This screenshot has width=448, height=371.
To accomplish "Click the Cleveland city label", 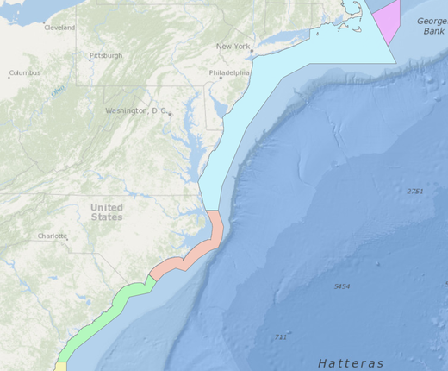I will (59, 28).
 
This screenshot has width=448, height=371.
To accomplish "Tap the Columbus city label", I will (24, 73).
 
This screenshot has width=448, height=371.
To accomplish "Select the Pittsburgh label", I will (107, 56).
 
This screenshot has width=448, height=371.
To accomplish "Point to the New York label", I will (233, 46).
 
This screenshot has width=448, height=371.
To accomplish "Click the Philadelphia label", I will (228, 73).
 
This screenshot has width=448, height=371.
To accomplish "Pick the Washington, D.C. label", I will (135, 110).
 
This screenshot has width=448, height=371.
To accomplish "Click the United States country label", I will (107, 212).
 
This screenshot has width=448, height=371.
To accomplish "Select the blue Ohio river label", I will (58, 90).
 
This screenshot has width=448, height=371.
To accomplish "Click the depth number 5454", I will (342, 286).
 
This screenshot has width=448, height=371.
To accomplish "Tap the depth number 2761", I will (414, 191).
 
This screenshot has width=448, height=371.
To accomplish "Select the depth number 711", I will (280, 336).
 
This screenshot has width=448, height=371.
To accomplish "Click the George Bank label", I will (432, 25).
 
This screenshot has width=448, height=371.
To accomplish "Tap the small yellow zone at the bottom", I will (61, 367).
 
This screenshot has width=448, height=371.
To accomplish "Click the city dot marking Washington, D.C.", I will (171, 114).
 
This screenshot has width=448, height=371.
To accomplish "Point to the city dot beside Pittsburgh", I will (90, 60).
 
